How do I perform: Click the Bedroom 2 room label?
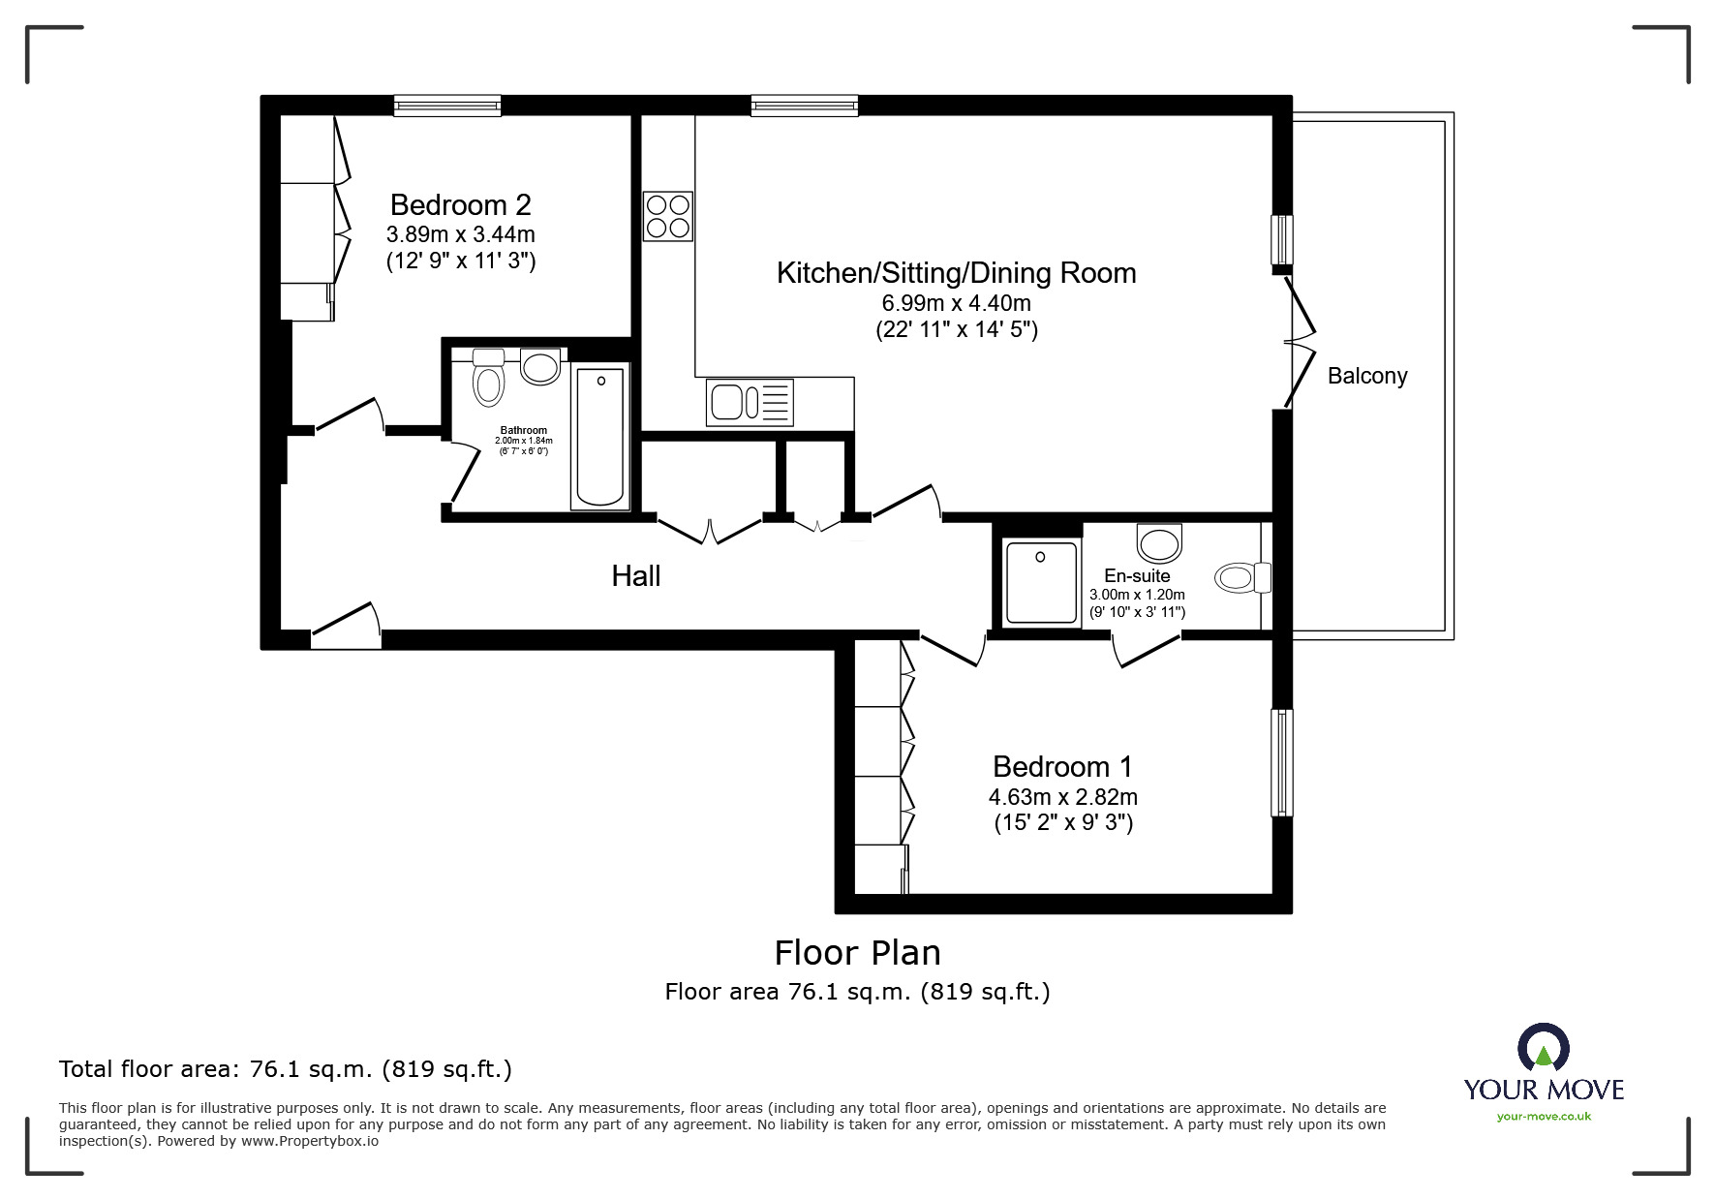tap(460, 205)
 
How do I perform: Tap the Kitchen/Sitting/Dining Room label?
tap(956, 273)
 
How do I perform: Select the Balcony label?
tap(1367, 376)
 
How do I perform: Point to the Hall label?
tap(636, 576)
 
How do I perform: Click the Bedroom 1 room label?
tap(1062, 767)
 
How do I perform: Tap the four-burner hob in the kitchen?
tap(668, 216)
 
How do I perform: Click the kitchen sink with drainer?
tap(750, 402)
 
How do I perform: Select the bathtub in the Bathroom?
tap(599, 437)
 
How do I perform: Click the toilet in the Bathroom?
tap(489, 378)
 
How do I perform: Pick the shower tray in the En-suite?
tap(1041, 582)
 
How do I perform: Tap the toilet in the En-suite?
tap(1242, 578)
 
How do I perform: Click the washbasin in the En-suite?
tap(1159, 542)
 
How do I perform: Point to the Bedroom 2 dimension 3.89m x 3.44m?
tap(461, 234)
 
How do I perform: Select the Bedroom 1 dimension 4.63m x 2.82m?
tap(1063, 797)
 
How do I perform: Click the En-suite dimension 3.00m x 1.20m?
tap(1138, 595)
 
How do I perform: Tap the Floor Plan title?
tap(857, 953)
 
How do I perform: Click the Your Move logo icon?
tap(1544, 1049)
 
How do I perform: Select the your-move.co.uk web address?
tap(1544, 1117)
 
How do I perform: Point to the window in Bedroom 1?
tap(1282, 762)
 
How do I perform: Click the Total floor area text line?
tap(286, 1069)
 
